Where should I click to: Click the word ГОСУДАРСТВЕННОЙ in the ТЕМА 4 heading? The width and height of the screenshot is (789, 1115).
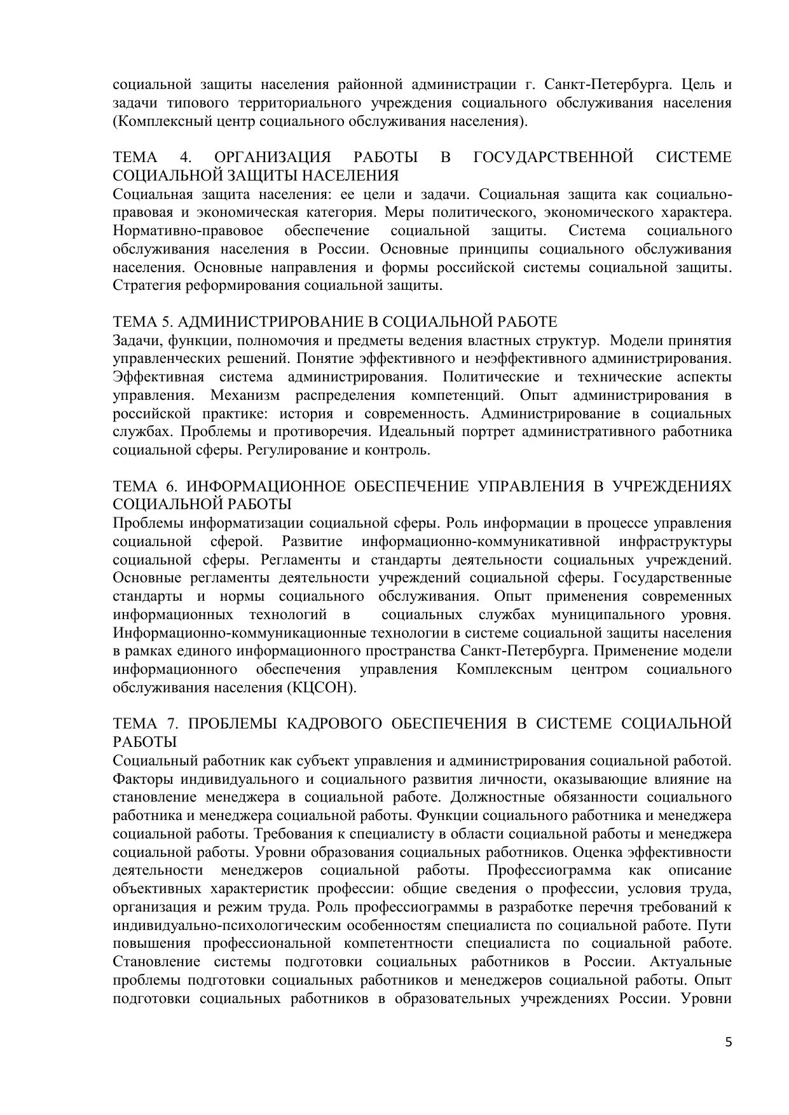(x=553, y=157)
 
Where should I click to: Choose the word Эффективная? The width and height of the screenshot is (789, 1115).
(x=154, y=377)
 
